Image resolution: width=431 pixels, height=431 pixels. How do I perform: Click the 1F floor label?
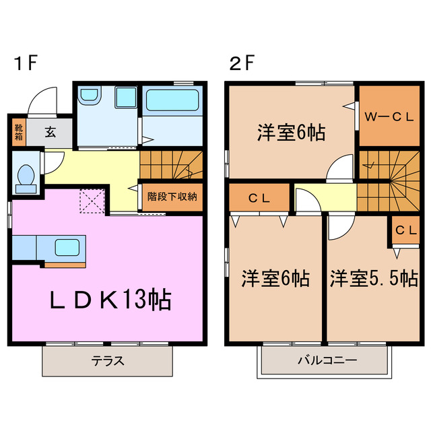pyautogui.click(x=26, y=65)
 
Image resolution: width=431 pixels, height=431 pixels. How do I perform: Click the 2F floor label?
pyautogui.click(x=241, y=65)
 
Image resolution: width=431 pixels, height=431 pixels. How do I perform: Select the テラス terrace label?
pyautogui.click(x=108, y=360)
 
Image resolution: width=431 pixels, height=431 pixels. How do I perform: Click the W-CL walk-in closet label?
pyautogui.click(x=389, y=117)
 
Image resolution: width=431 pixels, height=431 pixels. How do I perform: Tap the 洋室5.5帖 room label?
pyautogui.click(x=373, y=278)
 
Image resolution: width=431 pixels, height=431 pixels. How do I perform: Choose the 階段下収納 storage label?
pyautogui.click(x=172, y=197)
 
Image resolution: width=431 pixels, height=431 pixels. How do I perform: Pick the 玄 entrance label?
pyautogui.click(x=51, y=132)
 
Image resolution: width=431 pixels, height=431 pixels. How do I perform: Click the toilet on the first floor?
pyautogui.click(x=26, y=176)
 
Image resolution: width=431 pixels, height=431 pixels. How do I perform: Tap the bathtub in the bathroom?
pyautogui.click(x=172, y=102)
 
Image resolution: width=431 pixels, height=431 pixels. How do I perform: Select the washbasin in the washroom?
pyautogui.click(x=88, y=97)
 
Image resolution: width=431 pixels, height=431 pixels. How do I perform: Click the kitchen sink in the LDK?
pyautogui.click(x=68, y=246)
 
